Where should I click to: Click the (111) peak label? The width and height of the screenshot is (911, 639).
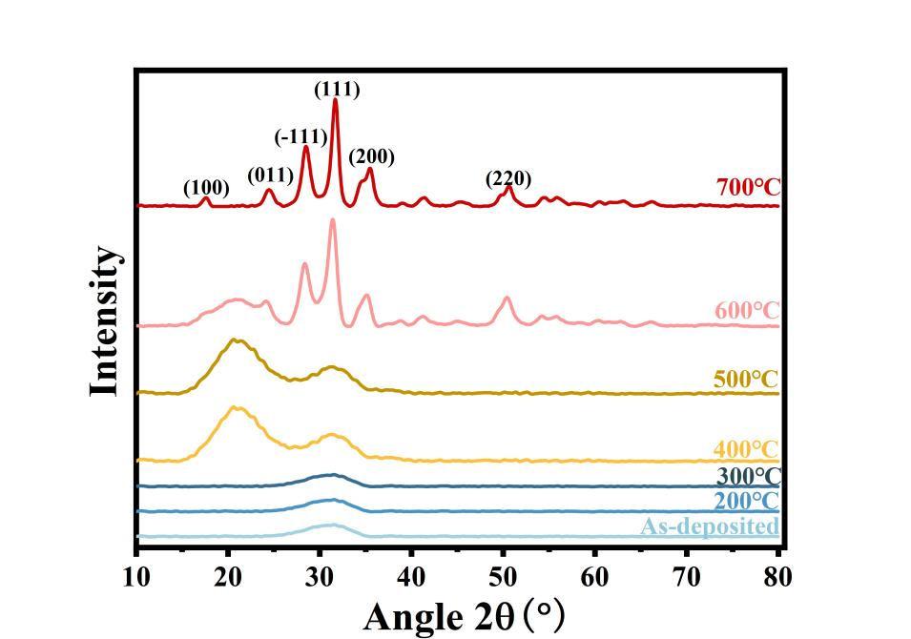[337, 90]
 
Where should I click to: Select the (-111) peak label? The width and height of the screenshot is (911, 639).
[301, 135]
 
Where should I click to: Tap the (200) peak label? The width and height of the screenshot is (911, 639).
[371, 156]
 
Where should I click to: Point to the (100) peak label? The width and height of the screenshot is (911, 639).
[206, 188]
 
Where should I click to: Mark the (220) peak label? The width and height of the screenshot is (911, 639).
[508, 178]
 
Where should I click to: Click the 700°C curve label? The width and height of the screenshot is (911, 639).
[748, 187]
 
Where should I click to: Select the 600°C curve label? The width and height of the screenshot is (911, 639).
[747, 311]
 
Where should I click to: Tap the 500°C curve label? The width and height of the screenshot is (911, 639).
[747, 380]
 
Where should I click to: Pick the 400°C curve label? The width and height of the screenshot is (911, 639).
[747, 448]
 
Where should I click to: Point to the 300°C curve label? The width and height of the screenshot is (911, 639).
[748, 476]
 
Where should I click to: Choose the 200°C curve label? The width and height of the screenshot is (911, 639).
[748, 501]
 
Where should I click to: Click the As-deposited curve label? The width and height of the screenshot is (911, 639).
[710, 526]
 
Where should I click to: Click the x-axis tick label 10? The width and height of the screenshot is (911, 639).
[136, 576]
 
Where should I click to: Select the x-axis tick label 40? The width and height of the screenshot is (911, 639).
[411, 576]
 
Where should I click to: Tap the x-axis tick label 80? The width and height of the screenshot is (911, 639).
[778, 576]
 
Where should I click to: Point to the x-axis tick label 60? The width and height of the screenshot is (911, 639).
[595, 576]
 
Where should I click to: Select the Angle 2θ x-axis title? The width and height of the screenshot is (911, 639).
[465, 615]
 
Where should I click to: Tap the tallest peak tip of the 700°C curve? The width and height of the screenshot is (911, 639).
[335, 100]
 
